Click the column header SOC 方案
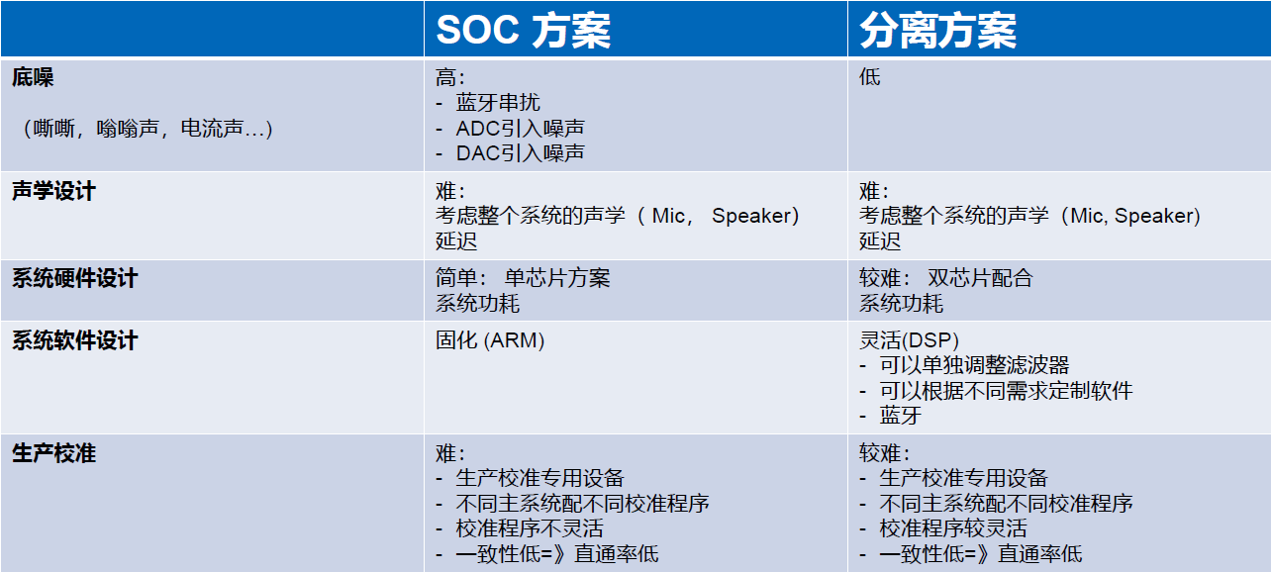click(523, 30)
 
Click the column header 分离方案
click(937, 30)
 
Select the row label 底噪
click(33, 77)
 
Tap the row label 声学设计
click(53, 191)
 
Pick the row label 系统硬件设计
click(75, 278)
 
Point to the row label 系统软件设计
click(75, 340)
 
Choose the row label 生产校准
click(53, 453)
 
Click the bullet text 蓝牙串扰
click(498, 103)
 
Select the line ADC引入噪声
click(520, 129)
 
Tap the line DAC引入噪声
click(520, 153)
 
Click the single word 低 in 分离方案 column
click(870, 77)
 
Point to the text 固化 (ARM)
click(490, 340)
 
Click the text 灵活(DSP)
click(909, 340)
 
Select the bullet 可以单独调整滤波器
click(974, 365)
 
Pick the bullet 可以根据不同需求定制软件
click(1007, 391)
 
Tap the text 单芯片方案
click(557, 278)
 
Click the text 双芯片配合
click(980, 278)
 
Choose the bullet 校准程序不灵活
click(530, 528)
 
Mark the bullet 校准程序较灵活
click(953, 528)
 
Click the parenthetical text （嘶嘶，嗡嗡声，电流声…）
click(147, 129)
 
